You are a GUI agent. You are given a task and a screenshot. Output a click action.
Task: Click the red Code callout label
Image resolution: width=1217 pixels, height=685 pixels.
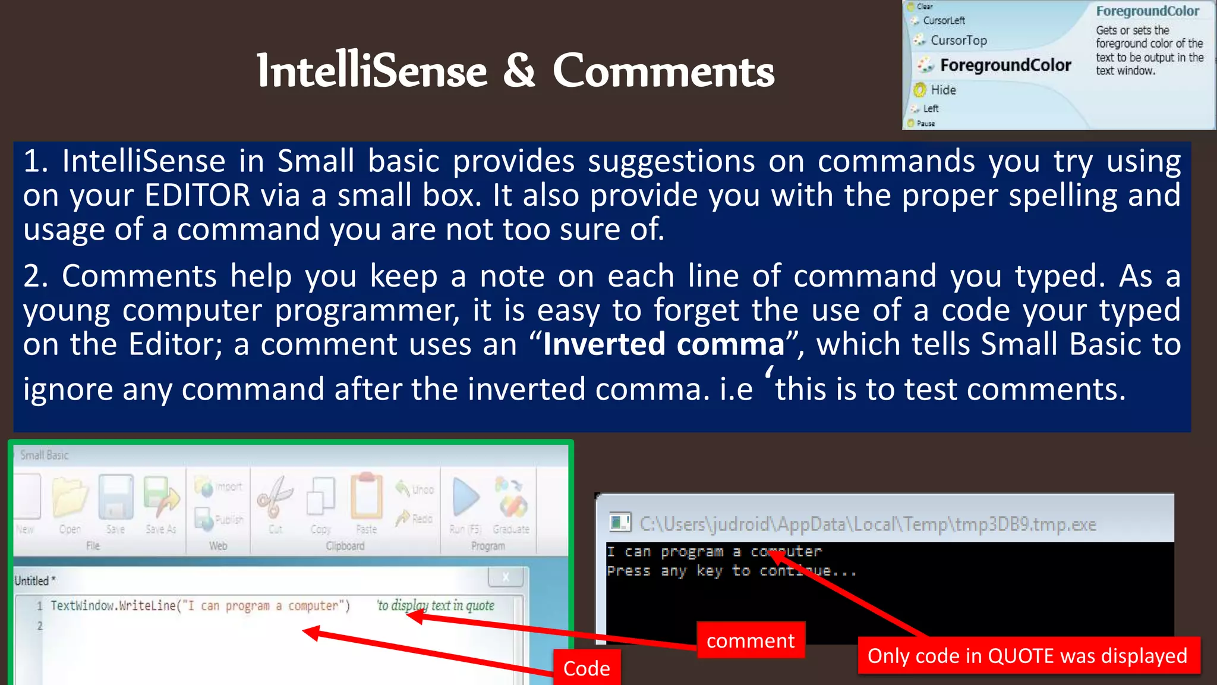point(587,668)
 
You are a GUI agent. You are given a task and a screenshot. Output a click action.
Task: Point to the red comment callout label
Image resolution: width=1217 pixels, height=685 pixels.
point(751,640)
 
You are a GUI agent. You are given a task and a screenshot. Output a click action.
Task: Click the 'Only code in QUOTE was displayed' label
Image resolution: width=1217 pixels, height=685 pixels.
point(1027,656)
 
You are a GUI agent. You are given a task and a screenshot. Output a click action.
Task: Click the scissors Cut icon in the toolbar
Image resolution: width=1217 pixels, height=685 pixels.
point(275,497)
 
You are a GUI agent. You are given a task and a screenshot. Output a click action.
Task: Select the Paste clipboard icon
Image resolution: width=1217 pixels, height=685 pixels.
point(366,496)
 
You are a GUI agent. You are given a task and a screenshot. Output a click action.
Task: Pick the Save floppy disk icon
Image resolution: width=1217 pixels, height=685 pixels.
point(115,497)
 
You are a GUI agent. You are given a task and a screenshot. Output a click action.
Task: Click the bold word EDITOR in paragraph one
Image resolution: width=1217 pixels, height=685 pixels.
point(197,196)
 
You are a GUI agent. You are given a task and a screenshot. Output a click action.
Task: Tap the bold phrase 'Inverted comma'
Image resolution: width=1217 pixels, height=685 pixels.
point(664,344)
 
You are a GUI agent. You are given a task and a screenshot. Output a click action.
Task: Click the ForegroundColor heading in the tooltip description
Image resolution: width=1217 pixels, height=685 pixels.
point(1147,11)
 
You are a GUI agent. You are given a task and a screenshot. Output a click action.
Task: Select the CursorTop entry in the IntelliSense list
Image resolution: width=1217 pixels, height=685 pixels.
point(959,40)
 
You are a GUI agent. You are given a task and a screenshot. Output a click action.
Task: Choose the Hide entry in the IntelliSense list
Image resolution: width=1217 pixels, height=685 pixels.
point(943,90)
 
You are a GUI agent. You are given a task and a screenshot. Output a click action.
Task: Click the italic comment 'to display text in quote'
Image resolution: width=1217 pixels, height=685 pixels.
point(436,605)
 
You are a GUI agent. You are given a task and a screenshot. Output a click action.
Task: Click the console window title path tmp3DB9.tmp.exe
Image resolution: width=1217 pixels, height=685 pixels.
point(868,524)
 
